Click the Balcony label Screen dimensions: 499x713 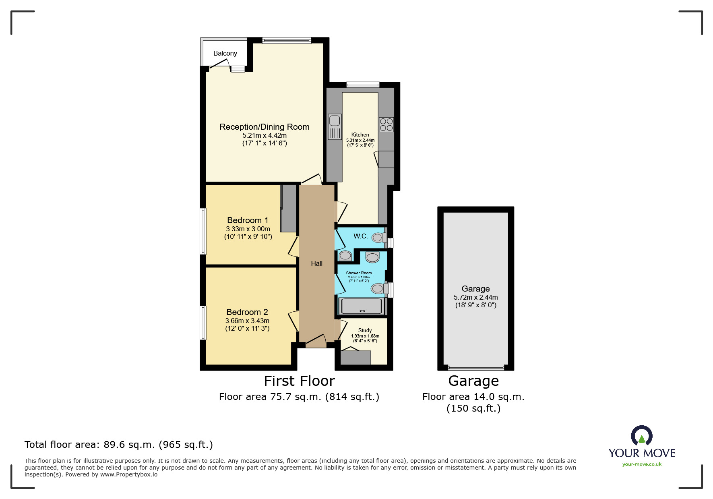tap(225, 53)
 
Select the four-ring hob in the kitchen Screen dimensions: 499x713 tap(386, 124)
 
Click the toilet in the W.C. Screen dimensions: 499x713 tap(378, 237)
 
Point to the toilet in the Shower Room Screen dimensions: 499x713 tap(378, 288)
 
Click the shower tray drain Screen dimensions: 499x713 tap(362, 311)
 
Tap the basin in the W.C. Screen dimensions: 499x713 tap(345, 255)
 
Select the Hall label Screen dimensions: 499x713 tap(316, 263)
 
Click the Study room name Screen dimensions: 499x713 tap(365, 330)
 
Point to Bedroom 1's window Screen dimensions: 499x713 tap(203, 231)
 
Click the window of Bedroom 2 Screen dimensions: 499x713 tap(203, 323)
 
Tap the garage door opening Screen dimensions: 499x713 tap(475, 368)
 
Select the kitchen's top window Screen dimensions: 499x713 tap(362, 85)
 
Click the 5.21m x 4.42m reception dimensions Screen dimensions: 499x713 tap(265, 136)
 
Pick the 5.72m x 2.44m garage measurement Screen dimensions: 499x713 tap(475, 297)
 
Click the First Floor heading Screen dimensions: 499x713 tap(299, 381)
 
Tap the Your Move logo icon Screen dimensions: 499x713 tap(641, 436)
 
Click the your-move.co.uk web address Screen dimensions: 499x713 tap(642, 464)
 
